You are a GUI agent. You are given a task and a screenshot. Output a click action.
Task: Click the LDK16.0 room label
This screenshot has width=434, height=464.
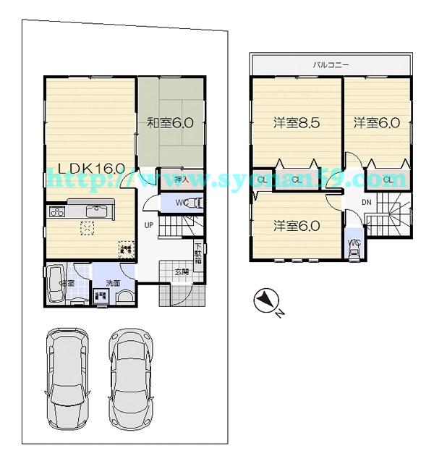[86, 168]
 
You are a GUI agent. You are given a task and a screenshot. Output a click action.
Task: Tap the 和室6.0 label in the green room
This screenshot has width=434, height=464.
[170, 123]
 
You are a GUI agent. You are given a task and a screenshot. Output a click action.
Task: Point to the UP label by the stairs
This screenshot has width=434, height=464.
[148, 224]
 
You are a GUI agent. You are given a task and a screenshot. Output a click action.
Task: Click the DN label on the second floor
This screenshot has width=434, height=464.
[367, 202]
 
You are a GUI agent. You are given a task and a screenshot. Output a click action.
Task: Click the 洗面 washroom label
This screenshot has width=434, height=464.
[113, 283]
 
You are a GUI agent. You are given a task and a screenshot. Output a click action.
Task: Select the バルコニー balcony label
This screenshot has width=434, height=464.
[331, 65]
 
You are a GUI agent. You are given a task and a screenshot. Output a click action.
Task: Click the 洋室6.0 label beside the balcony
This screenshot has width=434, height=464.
[376, 123]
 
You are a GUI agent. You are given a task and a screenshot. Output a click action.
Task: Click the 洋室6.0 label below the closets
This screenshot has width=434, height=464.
[297, 226]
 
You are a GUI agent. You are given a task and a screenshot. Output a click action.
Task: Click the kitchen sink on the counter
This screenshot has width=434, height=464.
[95, 211]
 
